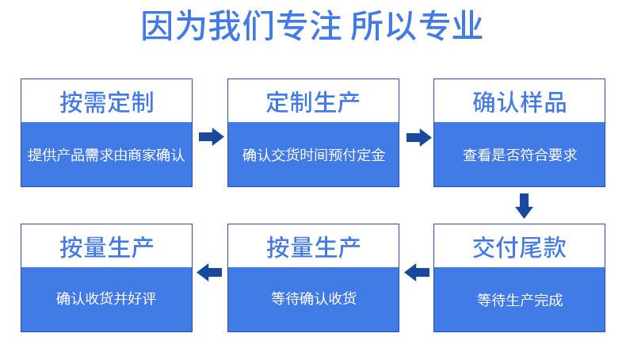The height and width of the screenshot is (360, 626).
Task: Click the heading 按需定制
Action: point(107,102)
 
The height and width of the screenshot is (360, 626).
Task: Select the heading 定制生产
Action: point(313,102)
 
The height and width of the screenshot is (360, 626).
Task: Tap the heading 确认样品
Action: point(519,102)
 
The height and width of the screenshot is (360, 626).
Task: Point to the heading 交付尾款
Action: point(519,247)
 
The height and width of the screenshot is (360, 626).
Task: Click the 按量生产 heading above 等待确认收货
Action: point(313,247)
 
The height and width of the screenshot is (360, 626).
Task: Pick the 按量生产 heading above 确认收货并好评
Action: point(107,247)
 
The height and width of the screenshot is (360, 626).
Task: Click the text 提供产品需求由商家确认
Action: point(107,155)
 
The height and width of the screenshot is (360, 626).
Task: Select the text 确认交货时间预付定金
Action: point(314,155)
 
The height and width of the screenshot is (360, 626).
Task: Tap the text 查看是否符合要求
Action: point(520,155)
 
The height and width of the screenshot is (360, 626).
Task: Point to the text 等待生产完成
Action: point(520,300)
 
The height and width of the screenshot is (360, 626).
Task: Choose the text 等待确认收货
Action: point(314,298)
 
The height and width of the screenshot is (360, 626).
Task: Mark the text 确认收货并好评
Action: point(106,298)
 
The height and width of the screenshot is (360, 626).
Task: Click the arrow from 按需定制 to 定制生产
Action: point(212,136)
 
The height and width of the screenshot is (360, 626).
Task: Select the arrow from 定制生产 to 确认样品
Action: point(419,137)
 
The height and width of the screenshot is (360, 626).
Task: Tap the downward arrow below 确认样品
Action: point(525,206)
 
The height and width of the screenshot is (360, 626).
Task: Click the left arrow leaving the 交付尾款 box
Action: point(417,273)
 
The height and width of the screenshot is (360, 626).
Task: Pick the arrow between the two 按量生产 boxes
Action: point(209,273)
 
